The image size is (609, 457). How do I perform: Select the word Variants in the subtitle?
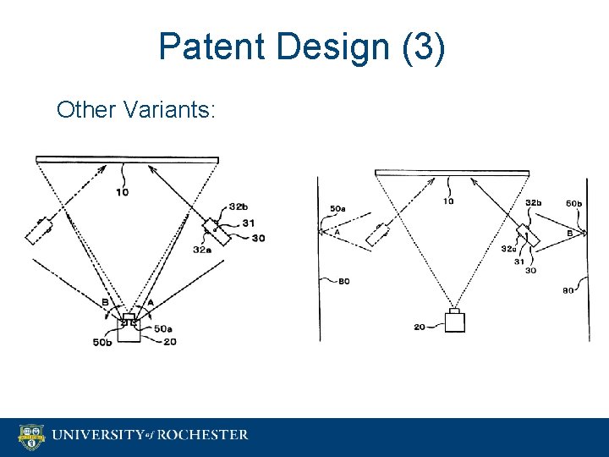coord(180,110)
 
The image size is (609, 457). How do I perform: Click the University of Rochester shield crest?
coord(32,437)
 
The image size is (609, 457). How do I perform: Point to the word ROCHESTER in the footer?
coord(200,435)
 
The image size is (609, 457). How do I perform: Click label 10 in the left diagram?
coord(123,192)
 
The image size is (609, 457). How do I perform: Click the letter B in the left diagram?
coord(105,302)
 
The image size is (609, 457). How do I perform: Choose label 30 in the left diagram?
coord(257,238)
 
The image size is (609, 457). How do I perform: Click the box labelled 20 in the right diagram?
coord(455,321)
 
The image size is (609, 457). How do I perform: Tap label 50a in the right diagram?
coord(337,208)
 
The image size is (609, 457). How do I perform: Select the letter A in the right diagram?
coord(337,233)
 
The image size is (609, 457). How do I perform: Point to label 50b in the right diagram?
coord(573,203)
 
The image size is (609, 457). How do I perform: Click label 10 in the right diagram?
coord(448,201)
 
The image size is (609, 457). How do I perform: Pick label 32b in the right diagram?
coord(534,203)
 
